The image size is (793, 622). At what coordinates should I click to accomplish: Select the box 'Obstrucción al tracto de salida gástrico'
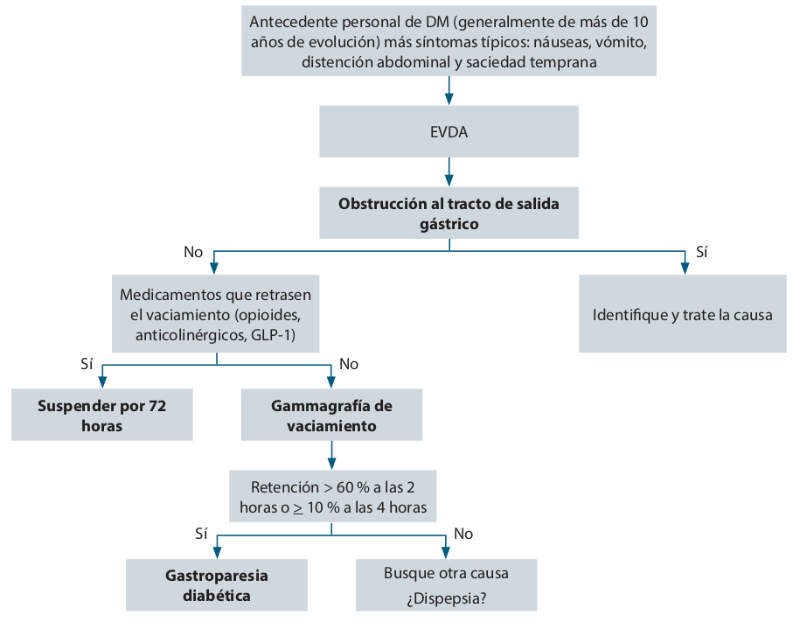point(449,213)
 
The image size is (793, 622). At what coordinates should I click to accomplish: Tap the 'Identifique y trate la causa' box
point(682,315)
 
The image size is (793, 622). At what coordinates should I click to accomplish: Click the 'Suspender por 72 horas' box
point(102,416)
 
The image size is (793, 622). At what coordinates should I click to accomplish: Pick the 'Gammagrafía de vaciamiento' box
point(331,416)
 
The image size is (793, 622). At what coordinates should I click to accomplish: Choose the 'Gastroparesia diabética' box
point(217,585)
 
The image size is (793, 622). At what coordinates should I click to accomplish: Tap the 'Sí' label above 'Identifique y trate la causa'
point(701,252)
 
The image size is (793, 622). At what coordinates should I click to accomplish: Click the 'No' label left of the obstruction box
point(193,252)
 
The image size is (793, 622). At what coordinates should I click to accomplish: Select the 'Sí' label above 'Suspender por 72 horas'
point(86,363)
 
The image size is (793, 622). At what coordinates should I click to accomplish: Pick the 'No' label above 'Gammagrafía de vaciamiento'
point(349,363)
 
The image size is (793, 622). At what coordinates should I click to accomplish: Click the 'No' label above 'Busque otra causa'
point(463,532)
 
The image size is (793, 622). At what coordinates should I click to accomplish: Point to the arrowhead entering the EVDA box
point(449,99)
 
